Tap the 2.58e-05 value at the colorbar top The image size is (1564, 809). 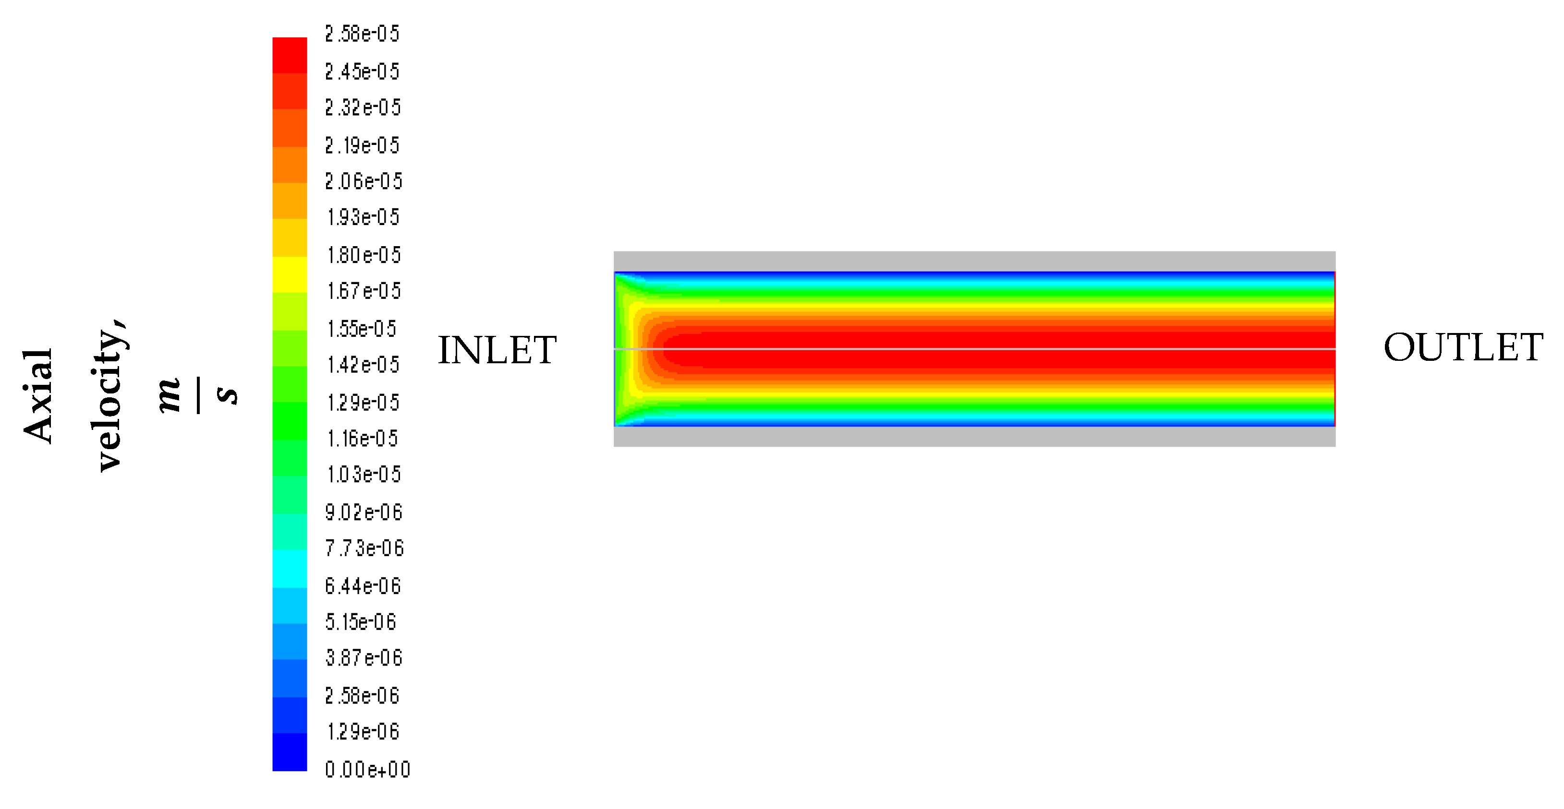(x=363, y=34)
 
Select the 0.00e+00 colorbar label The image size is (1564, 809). (x=368, y=770)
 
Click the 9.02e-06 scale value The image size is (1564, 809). (x=364, y=512)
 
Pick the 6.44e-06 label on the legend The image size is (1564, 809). (x=363, y=586)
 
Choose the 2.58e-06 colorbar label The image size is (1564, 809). (x=363, y=695)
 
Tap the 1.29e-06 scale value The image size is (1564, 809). (x=363, y=731)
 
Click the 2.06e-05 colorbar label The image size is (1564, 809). (x=364, y=181)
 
